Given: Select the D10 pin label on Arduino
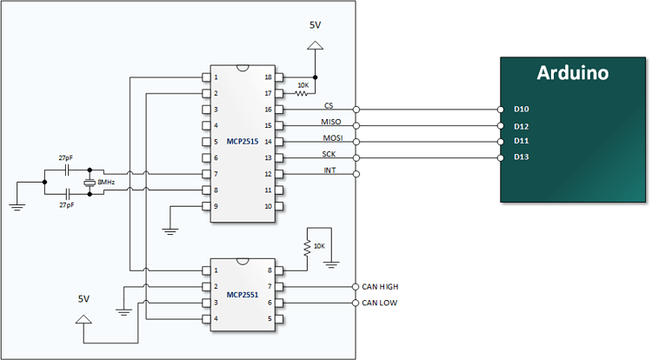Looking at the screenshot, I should point(522,110).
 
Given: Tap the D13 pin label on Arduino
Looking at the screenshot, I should point(522,157).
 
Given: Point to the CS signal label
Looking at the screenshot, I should point(329,105).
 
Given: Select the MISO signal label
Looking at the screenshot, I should point(331,122).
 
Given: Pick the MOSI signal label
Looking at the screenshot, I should point(331,137).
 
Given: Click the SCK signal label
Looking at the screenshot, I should point(329,154).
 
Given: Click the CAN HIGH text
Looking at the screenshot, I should point(381,287).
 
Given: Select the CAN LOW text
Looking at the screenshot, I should point(379,303).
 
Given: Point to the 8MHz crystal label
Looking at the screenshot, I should point(106,183).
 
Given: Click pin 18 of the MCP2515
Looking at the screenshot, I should point(268,77).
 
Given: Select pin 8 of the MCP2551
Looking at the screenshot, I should point(270,270).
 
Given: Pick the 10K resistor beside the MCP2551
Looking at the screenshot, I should point(307,247).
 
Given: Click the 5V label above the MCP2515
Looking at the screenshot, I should point(316,25).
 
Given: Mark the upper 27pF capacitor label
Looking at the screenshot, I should point(65,158).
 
